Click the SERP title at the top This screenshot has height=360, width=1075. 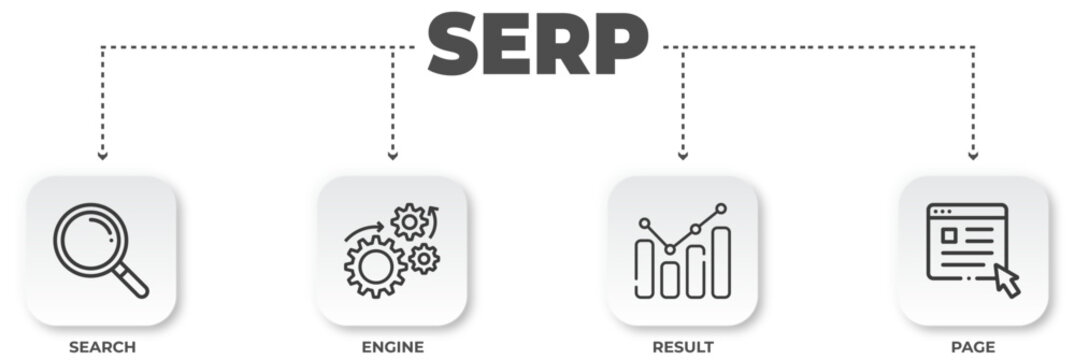tap(537, 45)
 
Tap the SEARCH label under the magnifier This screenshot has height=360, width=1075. tap(102, 347)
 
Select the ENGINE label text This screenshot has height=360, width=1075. tap(392, 347)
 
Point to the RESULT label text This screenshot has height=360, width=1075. tap(683, 347)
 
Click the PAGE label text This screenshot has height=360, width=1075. tap(973, 347)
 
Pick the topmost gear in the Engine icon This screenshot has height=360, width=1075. tap(409, 221)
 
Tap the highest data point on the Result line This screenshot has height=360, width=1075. tap(721, 209)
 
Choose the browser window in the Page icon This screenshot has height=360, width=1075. tap(965, 241)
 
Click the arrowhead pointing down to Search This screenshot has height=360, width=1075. tap(101, 155)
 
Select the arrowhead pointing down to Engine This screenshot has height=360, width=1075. tap(392, 155)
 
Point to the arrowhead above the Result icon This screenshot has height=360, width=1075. tap(683, 155)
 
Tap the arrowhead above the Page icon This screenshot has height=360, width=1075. tap(973, 155)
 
